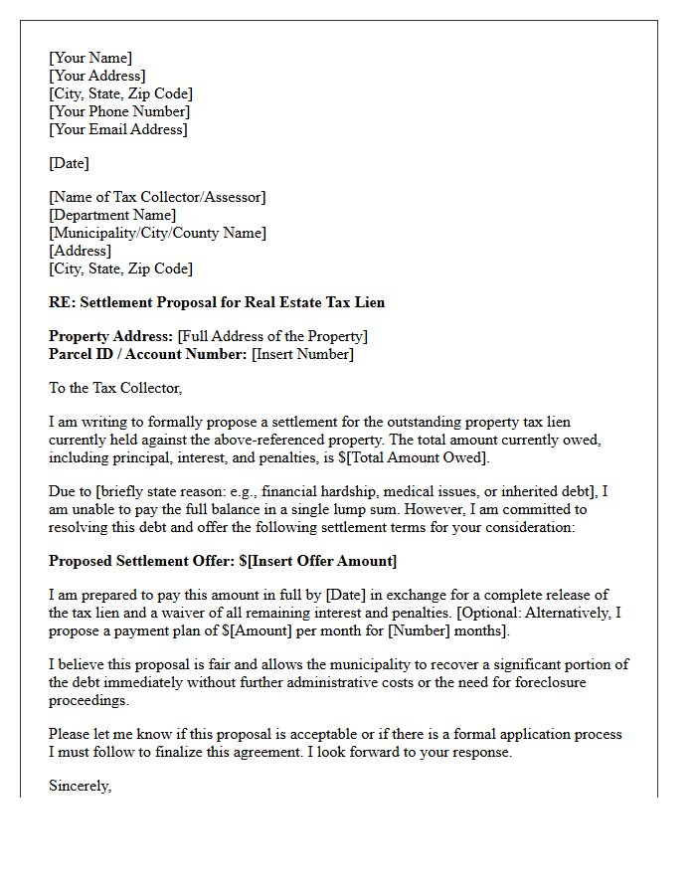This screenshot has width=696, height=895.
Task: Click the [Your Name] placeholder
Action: point(90,58)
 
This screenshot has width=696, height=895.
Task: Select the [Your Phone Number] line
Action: point(119,111)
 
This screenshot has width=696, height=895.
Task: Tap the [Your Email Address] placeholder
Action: point(117,129)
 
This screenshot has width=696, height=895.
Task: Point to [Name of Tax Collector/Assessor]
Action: point(157,197)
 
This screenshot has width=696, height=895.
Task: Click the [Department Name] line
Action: point(112,215)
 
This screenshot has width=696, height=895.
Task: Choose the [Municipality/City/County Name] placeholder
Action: point(157,233)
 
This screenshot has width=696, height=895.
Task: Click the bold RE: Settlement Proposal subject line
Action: point(217,302)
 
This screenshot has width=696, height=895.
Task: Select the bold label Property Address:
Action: point(111,336)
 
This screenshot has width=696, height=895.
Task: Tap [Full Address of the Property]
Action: point(272,336)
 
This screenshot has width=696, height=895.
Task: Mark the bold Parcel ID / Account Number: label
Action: point(147,354)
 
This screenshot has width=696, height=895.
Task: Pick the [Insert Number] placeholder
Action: point(302,354)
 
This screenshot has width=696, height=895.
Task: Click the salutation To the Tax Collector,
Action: point(116,388)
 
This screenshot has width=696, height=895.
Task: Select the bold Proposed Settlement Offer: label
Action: point(141,561)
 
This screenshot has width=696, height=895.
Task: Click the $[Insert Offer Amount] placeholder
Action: point(318,561)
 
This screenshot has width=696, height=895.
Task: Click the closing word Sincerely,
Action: point(81,786)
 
